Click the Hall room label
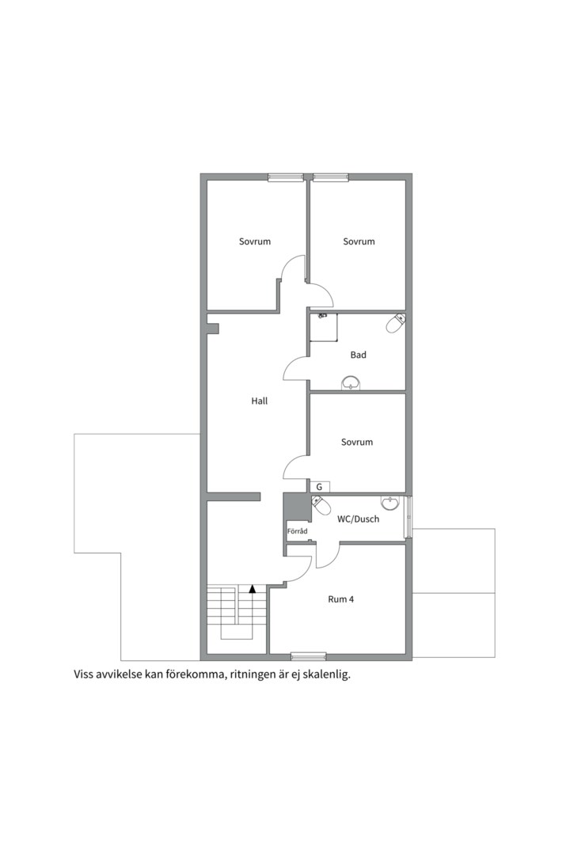pyautogui.click(x=259, y=401)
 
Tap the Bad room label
pyautogui.click(x=358, y=355)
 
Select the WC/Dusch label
pyautogui.click(x=358, y=519)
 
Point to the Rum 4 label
pyautogui.click(x=341, y=599)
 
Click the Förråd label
pyautogui.click(x=298, y=530)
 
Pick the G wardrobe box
pyautogui.click(x=320, y=486)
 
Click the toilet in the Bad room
pyautogui.click(x=396, y=323)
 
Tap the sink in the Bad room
pyautogui.click(x=350, y=383)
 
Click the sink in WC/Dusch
pyautogui.click(x=389, y=503)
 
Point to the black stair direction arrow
pyautogui.click(x=252, y=589)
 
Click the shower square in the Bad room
pyautogui.click(x=324, y=327)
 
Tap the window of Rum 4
pyautogui.click(x=308, y=656)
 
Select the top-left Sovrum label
pyautogui.click(x=255, y=241)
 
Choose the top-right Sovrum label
pyautogui.click(x=359, y=241)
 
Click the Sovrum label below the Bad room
pyautogui.click(x=357, y=443)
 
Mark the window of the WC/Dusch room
pyautogui.click(x=408, y=516)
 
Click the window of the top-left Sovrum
pyautogui.click(x=286, y=177)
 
